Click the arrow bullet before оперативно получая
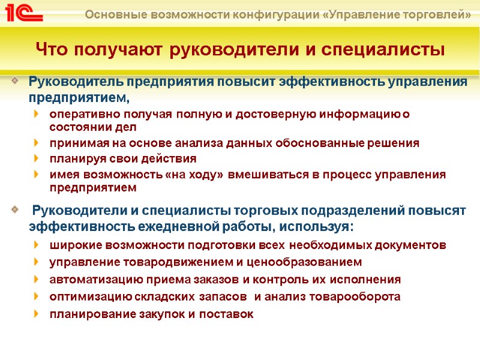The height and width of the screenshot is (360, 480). [38, 113]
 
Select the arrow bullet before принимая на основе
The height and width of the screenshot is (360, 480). [38, 143]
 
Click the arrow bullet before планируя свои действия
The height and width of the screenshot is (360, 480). [38, 159]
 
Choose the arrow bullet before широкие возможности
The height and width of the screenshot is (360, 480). [38, 245]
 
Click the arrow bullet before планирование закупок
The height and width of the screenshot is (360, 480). [38, 314]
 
